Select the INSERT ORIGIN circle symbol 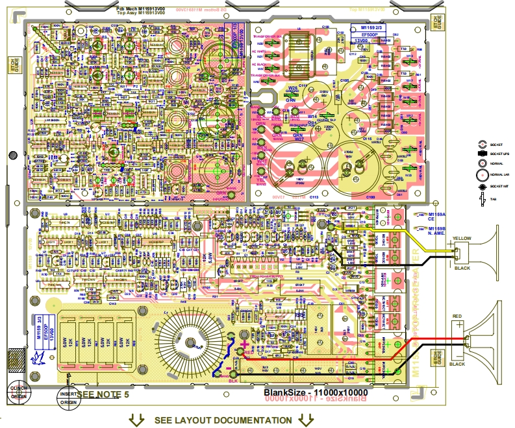pos(68,398)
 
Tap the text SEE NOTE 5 pos(104,394)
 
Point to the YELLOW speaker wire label pos(462,237)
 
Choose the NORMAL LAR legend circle pos(482,174)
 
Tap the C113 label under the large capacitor pos(314,195)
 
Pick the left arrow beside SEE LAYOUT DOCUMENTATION pos(136,420)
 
